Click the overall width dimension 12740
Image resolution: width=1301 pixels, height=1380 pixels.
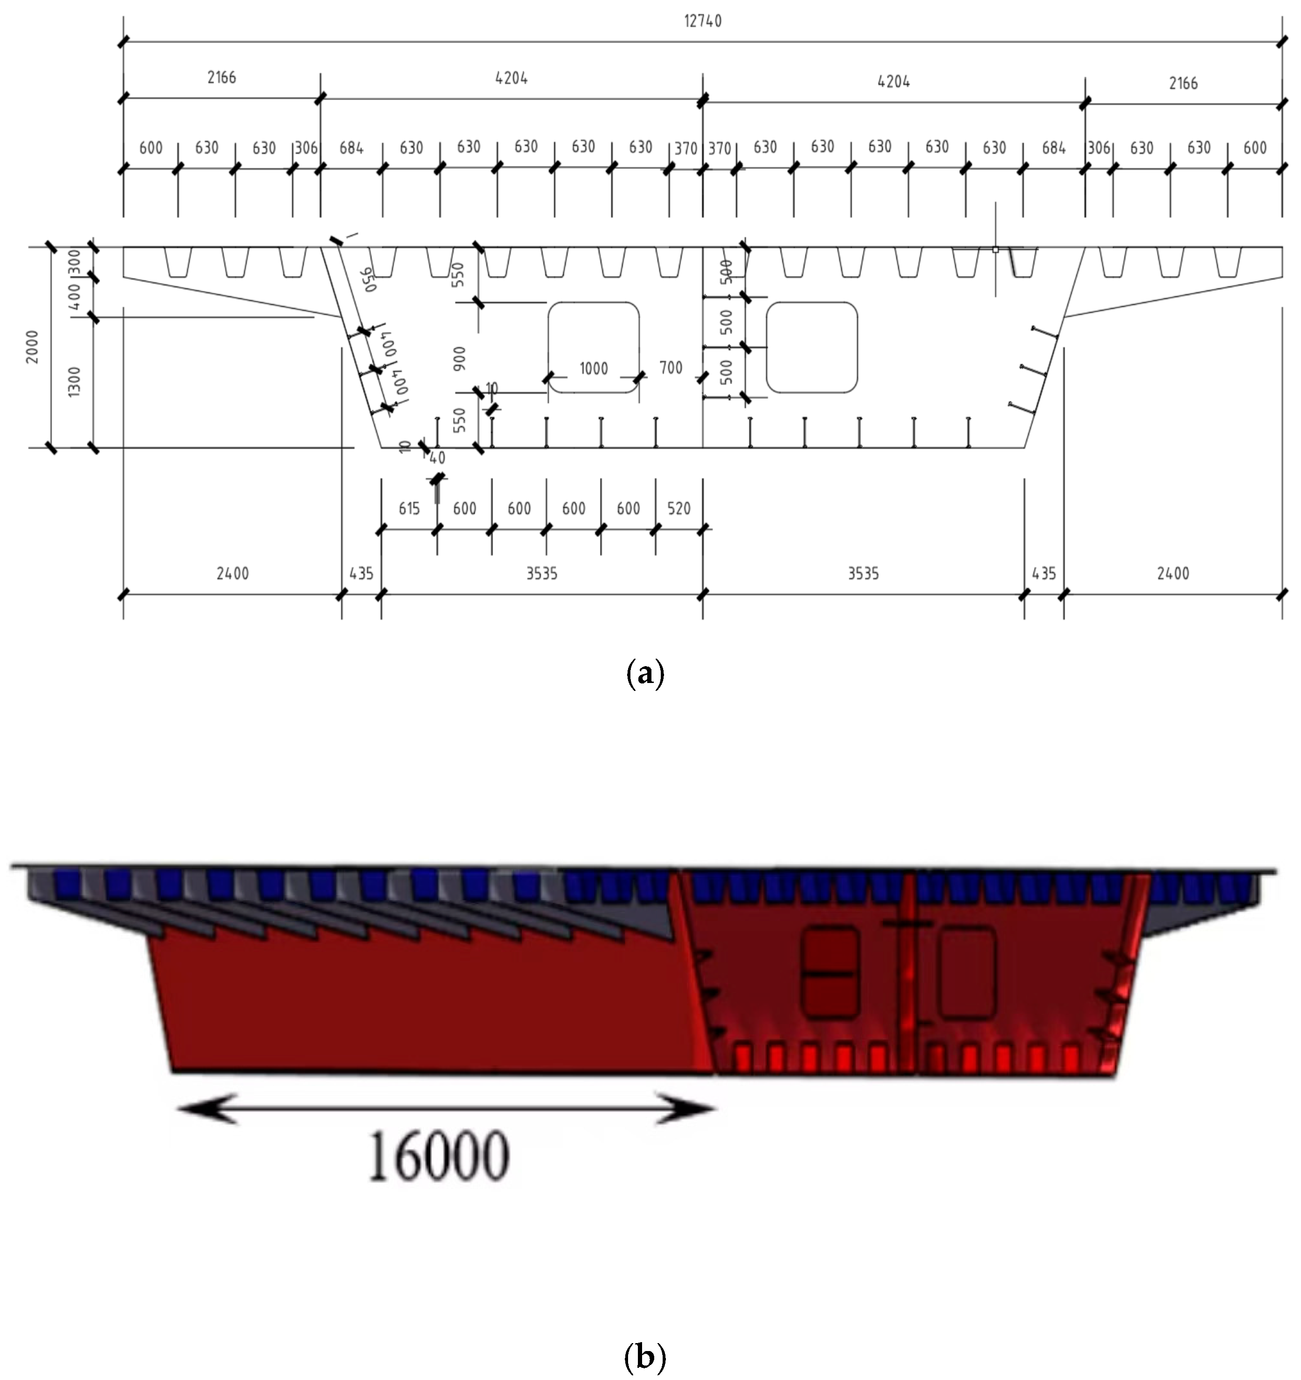coord(702,21)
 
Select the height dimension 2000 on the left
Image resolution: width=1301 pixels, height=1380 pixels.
coord(32,346)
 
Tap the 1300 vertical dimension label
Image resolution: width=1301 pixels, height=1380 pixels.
coord(74,382)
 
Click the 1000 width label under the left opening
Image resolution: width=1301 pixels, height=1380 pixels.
coord(593,369)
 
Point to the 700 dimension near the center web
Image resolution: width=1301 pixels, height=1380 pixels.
coord(671,368)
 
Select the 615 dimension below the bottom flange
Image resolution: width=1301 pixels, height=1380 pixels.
coord(409,509)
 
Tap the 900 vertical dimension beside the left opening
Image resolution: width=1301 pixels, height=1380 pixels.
coord(459,358)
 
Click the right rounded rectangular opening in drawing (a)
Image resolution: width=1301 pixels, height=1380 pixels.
coord(812,347)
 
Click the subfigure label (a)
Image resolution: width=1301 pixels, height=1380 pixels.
coord(645,673)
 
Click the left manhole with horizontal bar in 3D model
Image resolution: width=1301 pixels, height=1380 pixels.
coord(829,973)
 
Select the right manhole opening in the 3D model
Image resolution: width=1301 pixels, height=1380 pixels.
coord(966,973)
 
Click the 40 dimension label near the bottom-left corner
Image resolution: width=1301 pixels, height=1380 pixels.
coord(436,458)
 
